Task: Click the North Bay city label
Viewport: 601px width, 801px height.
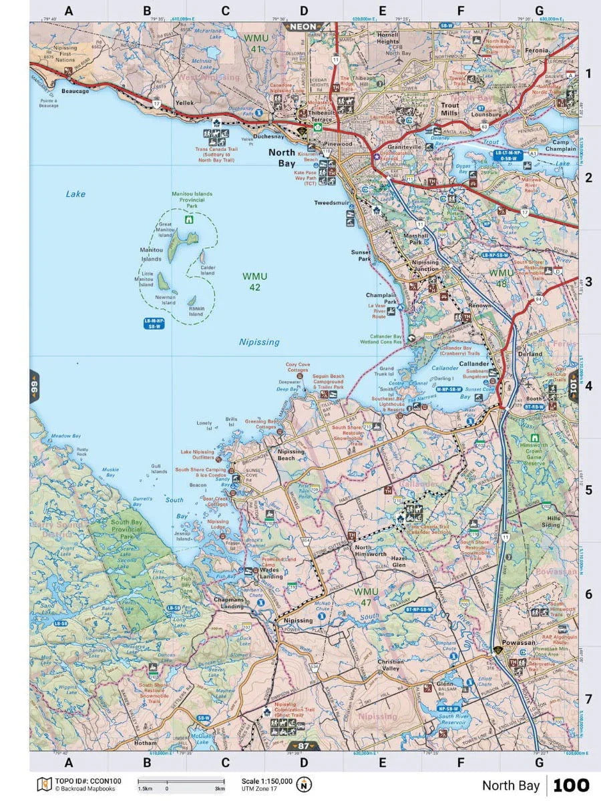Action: pyautogui.click(x=282, y=158)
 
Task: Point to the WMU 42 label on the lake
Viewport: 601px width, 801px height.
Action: pyautogui.click(x=254, y=282)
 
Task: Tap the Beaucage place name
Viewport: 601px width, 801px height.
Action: pyautogui.click(x=75, y=91)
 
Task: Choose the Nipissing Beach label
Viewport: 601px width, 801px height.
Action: pyautogui.click(x=290, y=455)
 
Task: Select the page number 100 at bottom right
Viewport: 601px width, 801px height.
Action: pyautogui.click(x=571, y=785)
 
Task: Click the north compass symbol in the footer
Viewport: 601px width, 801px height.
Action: pyautogui.click(x=305, y=784)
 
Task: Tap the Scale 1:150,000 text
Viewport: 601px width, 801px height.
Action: pyautogui.click(x=267, y=780)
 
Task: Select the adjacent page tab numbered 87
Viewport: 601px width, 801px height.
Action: pyautogui.click(x=303, y=746)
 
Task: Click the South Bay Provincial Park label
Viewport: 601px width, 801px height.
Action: pyautogui.click(x=126, y=529)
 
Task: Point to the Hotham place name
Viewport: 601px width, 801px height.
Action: pyautogui.click(x=145, y=742)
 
